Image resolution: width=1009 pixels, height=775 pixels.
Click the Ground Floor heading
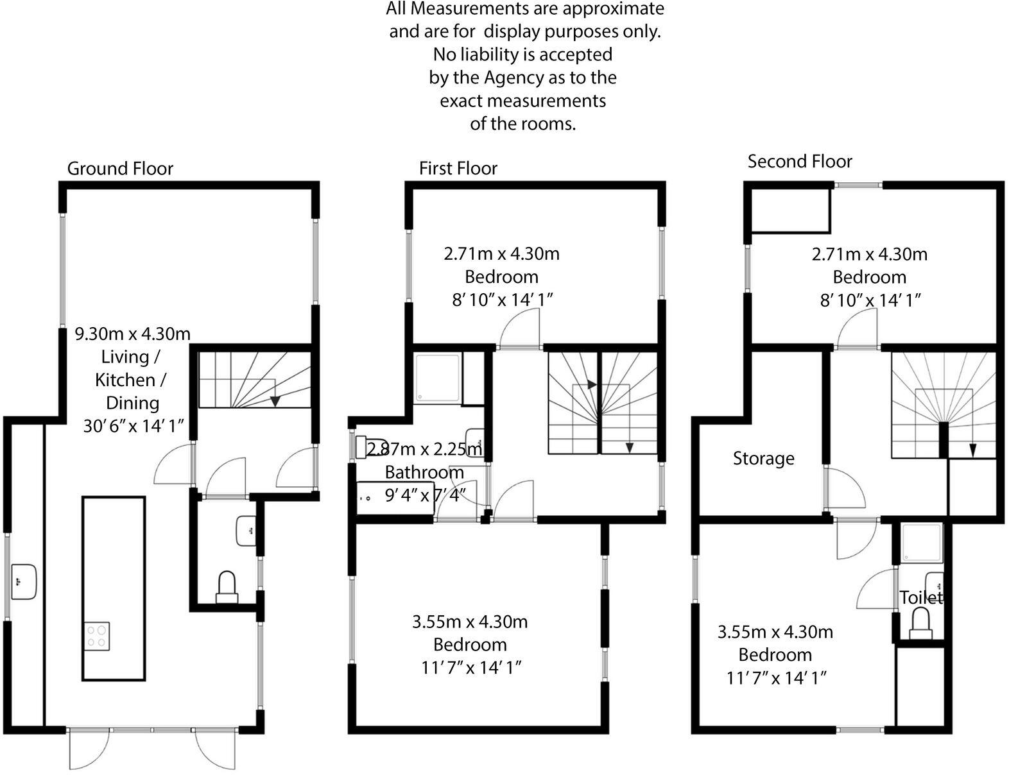tap(120, 169)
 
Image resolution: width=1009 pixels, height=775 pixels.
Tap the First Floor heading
tap(458, 169)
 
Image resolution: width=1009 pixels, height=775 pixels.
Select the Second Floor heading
tap(799, 162)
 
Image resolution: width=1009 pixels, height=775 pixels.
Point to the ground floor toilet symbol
tap(227, 588)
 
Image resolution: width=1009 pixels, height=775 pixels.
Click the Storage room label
tap(763, 459)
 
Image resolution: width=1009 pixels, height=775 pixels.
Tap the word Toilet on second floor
tap(920, 598)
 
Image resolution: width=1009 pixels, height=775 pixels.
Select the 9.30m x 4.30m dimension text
tap(133, 334)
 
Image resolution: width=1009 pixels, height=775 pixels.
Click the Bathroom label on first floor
tap(424, 473)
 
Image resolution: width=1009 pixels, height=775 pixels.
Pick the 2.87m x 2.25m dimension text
tap(424, 449)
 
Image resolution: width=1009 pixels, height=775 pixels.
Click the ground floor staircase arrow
tap(275, 401)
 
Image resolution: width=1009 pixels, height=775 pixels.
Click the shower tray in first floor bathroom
tap(437, 379)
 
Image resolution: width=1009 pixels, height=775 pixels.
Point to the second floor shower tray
tap(922, 543)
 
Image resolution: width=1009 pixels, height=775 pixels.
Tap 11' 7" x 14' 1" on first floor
tap(470, 668)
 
